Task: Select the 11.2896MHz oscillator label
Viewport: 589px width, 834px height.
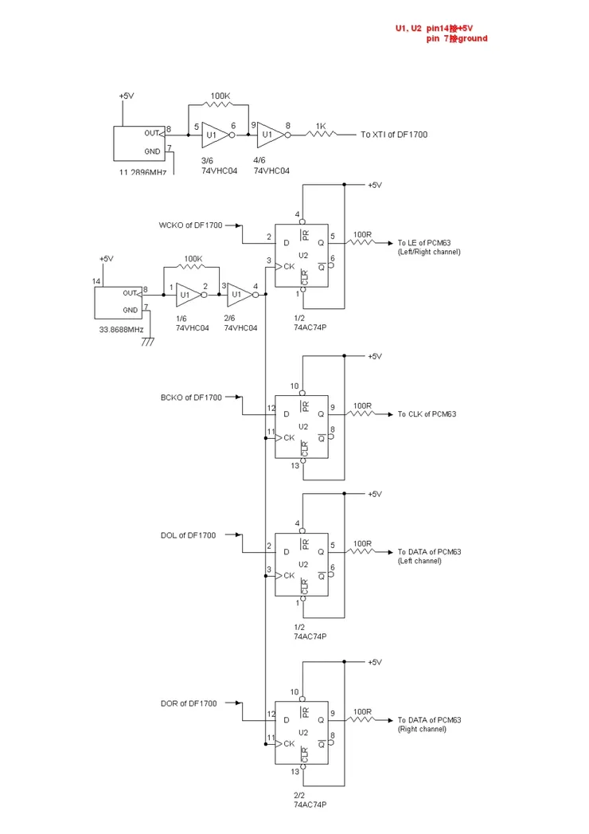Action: point(142,172)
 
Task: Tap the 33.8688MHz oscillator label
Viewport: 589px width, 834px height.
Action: point(121,329)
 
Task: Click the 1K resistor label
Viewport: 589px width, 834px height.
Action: point(320,126)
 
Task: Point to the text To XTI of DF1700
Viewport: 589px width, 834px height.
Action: point(393,135)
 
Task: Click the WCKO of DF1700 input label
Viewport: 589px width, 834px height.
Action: point(190,225)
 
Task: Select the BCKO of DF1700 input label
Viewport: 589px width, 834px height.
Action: point(191,397)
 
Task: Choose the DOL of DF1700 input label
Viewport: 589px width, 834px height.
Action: point(188,535)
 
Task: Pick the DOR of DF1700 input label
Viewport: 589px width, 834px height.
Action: point(188,703)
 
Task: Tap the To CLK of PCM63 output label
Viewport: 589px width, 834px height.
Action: point(427,414)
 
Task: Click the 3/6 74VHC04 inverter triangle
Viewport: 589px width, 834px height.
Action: point(213,135)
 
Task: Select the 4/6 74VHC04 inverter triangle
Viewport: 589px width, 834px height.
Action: point(269,135)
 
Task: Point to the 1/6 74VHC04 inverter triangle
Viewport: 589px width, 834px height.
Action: point(187,294)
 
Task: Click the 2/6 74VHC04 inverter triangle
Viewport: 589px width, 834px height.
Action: point(237,294)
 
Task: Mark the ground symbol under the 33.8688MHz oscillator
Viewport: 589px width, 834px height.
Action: point(147,341)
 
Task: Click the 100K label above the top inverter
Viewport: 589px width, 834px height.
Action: point(220,96)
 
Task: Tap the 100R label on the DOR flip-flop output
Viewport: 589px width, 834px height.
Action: point(362,711)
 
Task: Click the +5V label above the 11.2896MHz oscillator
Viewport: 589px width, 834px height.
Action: point(127,96)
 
